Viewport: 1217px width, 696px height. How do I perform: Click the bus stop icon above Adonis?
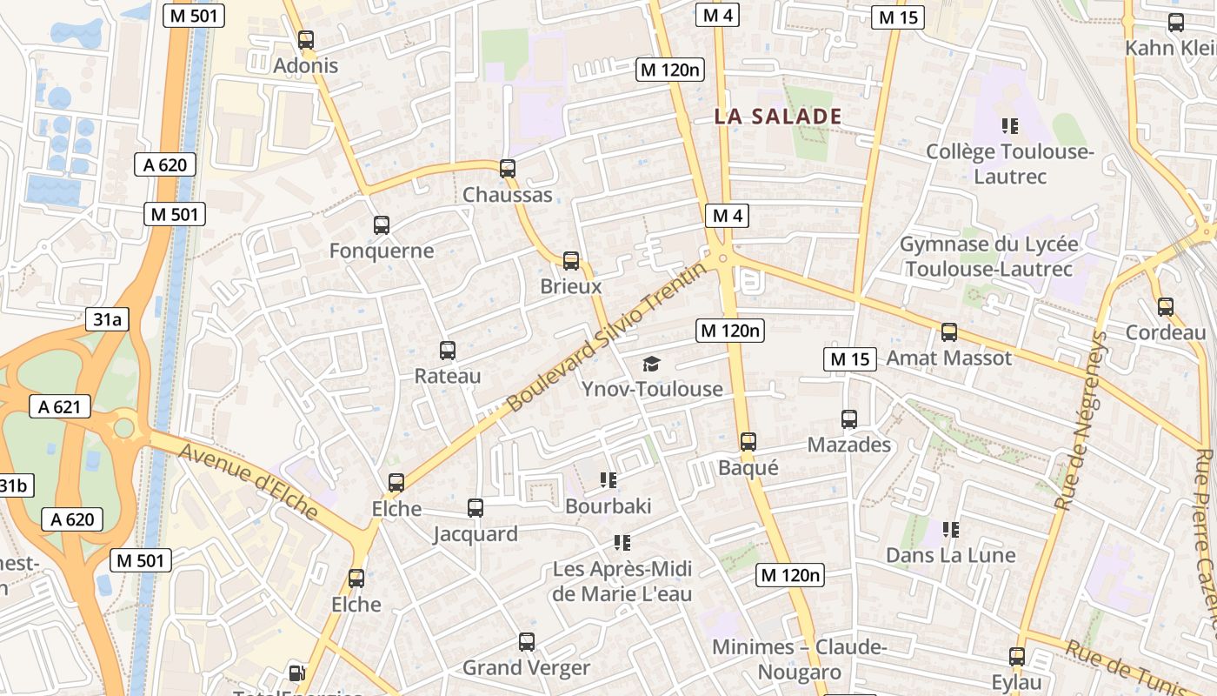[305, 40]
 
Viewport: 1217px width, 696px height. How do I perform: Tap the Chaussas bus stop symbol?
[508, 169]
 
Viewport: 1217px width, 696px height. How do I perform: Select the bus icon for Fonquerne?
[381, 225]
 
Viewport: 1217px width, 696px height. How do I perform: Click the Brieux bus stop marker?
[571, 261]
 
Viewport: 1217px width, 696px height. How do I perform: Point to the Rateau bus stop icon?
[448, 351]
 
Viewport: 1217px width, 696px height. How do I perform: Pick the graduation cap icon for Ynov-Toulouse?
[652, 364]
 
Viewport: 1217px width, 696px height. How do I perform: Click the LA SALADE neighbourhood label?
[778, 117]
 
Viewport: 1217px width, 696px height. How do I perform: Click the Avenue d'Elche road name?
[248, 480]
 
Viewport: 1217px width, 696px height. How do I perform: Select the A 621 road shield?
[60, 406]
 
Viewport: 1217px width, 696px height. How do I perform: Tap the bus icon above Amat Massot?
[949, 332]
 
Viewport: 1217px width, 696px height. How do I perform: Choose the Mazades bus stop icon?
[849, 419]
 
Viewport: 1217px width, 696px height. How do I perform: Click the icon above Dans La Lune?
[951, 529]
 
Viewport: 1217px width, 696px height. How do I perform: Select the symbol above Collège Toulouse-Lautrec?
[1009, 126]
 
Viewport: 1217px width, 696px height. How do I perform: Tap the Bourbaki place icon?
[608, 479]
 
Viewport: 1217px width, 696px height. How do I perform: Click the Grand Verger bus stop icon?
[527, 642]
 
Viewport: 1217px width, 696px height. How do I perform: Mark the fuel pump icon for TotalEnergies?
[296, 673]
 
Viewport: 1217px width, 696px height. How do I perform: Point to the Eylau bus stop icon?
[1017, 657]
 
